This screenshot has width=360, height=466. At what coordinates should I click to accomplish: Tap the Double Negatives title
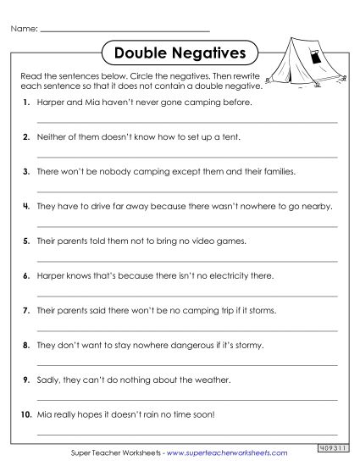(x=179, y=53)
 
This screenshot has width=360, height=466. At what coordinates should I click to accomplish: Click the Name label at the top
(x=25, y=29)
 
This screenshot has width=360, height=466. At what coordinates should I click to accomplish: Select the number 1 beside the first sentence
(x=27, y=102)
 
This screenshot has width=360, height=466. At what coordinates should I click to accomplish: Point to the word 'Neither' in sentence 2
(x=50, y=136)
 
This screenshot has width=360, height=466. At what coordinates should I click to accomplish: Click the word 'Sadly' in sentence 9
(x=48, y=380)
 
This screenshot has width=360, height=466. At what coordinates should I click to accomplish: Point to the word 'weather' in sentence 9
(x=181, y=380)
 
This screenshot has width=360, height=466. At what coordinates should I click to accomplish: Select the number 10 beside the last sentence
(x=26, y=415)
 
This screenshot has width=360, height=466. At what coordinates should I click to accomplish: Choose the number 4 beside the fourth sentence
(x=27, y=206)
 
